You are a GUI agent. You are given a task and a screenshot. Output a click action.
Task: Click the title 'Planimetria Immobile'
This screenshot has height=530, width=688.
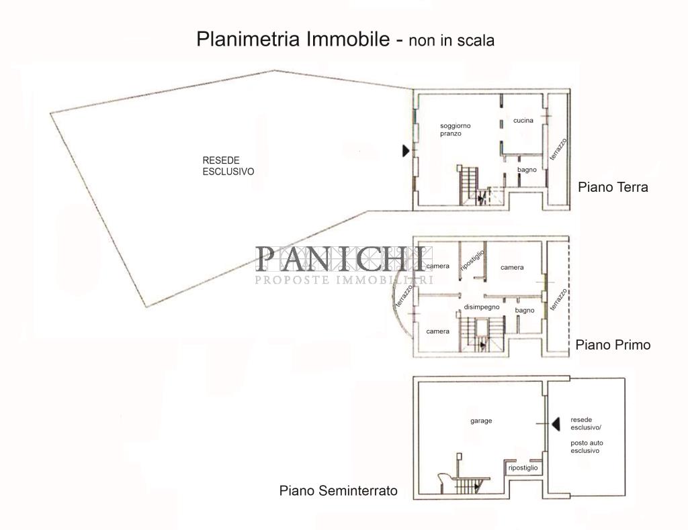tap(293, 39)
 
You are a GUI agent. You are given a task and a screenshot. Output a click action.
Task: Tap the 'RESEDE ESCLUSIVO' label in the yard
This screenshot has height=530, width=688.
tap(228, 166)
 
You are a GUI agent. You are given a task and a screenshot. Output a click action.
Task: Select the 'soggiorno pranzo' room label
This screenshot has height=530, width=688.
tap(456, 130)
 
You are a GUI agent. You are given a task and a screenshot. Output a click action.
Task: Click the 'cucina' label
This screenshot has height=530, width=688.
tap(523, 121)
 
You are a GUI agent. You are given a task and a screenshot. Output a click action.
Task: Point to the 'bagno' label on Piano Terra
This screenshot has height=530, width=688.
tap(527, 170)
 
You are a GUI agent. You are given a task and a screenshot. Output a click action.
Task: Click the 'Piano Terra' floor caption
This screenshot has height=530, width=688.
tap(613, 187)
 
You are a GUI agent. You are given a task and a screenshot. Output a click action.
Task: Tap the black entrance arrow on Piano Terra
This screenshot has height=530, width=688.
tap(406, 151)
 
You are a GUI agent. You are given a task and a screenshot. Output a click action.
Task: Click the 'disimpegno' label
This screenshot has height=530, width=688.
tap(482, 307)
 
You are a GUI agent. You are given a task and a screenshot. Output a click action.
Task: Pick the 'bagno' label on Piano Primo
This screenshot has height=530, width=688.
tap(525, 310)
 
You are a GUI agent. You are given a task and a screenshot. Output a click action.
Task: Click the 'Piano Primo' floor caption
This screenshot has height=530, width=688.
tap(613, 345)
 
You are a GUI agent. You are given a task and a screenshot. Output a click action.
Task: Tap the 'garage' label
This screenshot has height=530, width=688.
tap(481, 421)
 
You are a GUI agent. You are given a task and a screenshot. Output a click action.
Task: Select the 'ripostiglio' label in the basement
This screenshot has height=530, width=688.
tap(523, 468)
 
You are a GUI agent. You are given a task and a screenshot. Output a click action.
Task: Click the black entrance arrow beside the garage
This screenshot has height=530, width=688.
tap(555, 423)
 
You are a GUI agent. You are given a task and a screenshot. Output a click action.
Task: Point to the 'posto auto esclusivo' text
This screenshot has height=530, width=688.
tap(585, 447)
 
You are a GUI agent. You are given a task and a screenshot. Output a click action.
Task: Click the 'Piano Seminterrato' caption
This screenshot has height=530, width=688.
tap(338, 491)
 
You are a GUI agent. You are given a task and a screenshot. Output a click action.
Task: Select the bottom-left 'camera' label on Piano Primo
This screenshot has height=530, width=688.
tap(437, 331)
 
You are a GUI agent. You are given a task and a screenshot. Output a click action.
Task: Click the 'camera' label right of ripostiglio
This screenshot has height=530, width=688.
tap(512, 268)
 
